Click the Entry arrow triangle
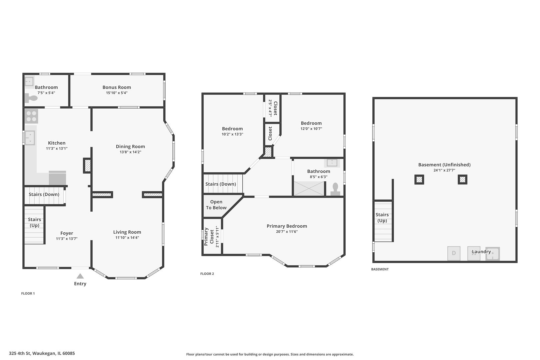(x=80, y=276)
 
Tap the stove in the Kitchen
(x=31, y=116)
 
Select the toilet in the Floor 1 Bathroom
(x=31, y=98)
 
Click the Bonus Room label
(x=117, y=87)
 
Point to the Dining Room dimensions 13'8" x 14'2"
(x=130, y=152)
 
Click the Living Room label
(x=127, y=232)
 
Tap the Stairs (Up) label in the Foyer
(x=34, y=222)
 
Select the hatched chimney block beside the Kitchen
(x=87, y=166)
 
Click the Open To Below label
(x=216, y=205)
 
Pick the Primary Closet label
(x=209, y=236)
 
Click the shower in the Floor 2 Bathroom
(x=309, y=188)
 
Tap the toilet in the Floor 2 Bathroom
(x=335, y=189)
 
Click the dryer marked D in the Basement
(x=454, y=253)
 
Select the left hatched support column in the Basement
(x=419, y=180)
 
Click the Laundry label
(x=481, y=252)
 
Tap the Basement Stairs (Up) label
(x=382, y=218)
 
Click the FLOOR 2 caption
(x=207, y=274)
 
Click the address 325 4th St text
(x=42, y=353)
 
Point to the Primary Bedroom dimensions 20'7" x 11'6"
(x=287, y=232)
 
